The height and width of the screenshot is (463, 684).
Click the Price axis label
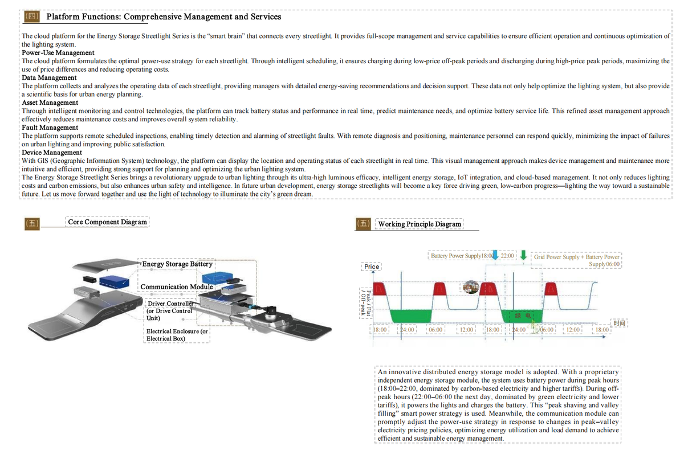click(371, 267)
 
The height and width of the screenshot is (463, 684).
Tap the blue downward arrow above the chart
click(495, 255)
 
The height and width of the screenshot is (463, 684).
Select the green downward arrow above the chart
click(523, 255)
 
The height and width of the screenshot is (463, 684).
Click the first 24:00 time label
click(408, 330)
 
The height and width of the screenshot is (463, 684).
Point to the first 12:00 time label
click(466, 330)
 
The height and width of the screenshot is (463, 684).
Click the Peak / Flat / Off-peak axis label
click(366, 303)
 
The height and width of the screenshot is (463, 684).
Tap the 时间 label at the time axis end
click(619, 323)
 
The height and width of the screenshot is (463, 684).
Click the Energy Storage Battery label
click(177, 264)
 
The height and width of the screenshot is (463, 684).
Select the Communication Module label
click(177, 286)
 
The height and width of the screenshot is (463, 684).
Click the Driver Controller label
click(170, 311)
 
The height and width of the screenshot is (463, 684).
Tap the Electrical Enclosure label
click(177, 335)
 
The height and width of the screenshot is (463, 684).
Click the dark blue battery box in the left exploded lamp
click(113, 281)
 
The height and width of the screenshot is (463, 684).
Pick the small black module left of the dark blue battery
click(89, 279)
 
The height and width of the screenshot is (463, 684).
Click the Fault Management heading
click(50, 128)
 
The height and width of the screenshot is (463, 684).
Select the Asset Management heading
click(50, 103)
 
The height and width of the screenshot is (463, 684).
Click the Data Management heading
click(49, 77)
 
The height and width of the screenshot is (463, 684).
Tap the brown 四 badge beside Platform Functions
click(32, 17)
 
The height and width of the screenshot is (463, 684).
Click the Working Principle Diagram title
click(420, 224)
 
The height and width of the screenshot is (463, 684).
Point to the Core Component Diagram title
click(107, 222)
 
